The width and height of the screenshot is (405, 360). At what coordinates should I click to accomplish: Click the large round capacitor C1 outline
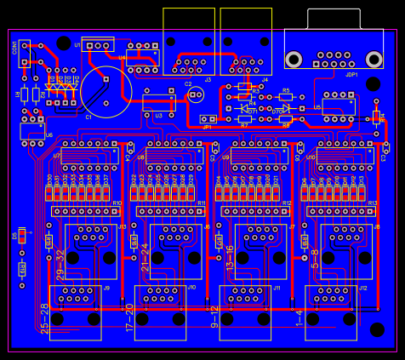(x=107, y=92)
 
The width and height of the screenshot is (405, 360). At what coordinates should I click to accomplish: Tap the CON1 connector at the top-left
(x=26, y=53)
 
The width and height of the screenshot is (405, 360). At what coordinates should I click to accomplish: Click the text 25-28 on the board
(x=44, y=317)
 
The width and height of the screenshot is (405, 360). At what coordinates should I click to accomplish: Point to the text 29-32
(x=60, y=265)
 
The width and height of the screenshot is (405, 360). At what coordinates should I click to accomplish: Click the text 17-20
(x=129, y=317)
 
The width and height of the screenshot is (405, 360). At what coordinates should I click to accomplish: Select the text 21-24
(x=145, y=257)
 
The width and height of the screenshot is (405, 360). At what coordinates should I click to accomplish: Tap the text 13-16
(x=230, y=257)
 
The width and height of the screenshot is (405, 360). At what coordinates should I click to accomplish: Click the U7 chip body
(x=88, y=155)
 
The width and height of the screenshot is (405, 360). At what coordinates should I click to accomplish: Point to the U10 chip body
(x=345, y=155)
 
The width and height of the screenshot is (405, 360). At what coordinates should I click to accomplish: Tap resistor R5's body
(x=286, y=97)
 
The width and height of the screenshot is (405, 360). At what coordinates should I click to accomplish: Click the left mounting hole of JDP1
(x=294, y=59)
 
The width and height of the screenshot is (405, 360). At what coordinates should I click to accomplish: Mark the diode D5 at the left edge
(x=21, y=236)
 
